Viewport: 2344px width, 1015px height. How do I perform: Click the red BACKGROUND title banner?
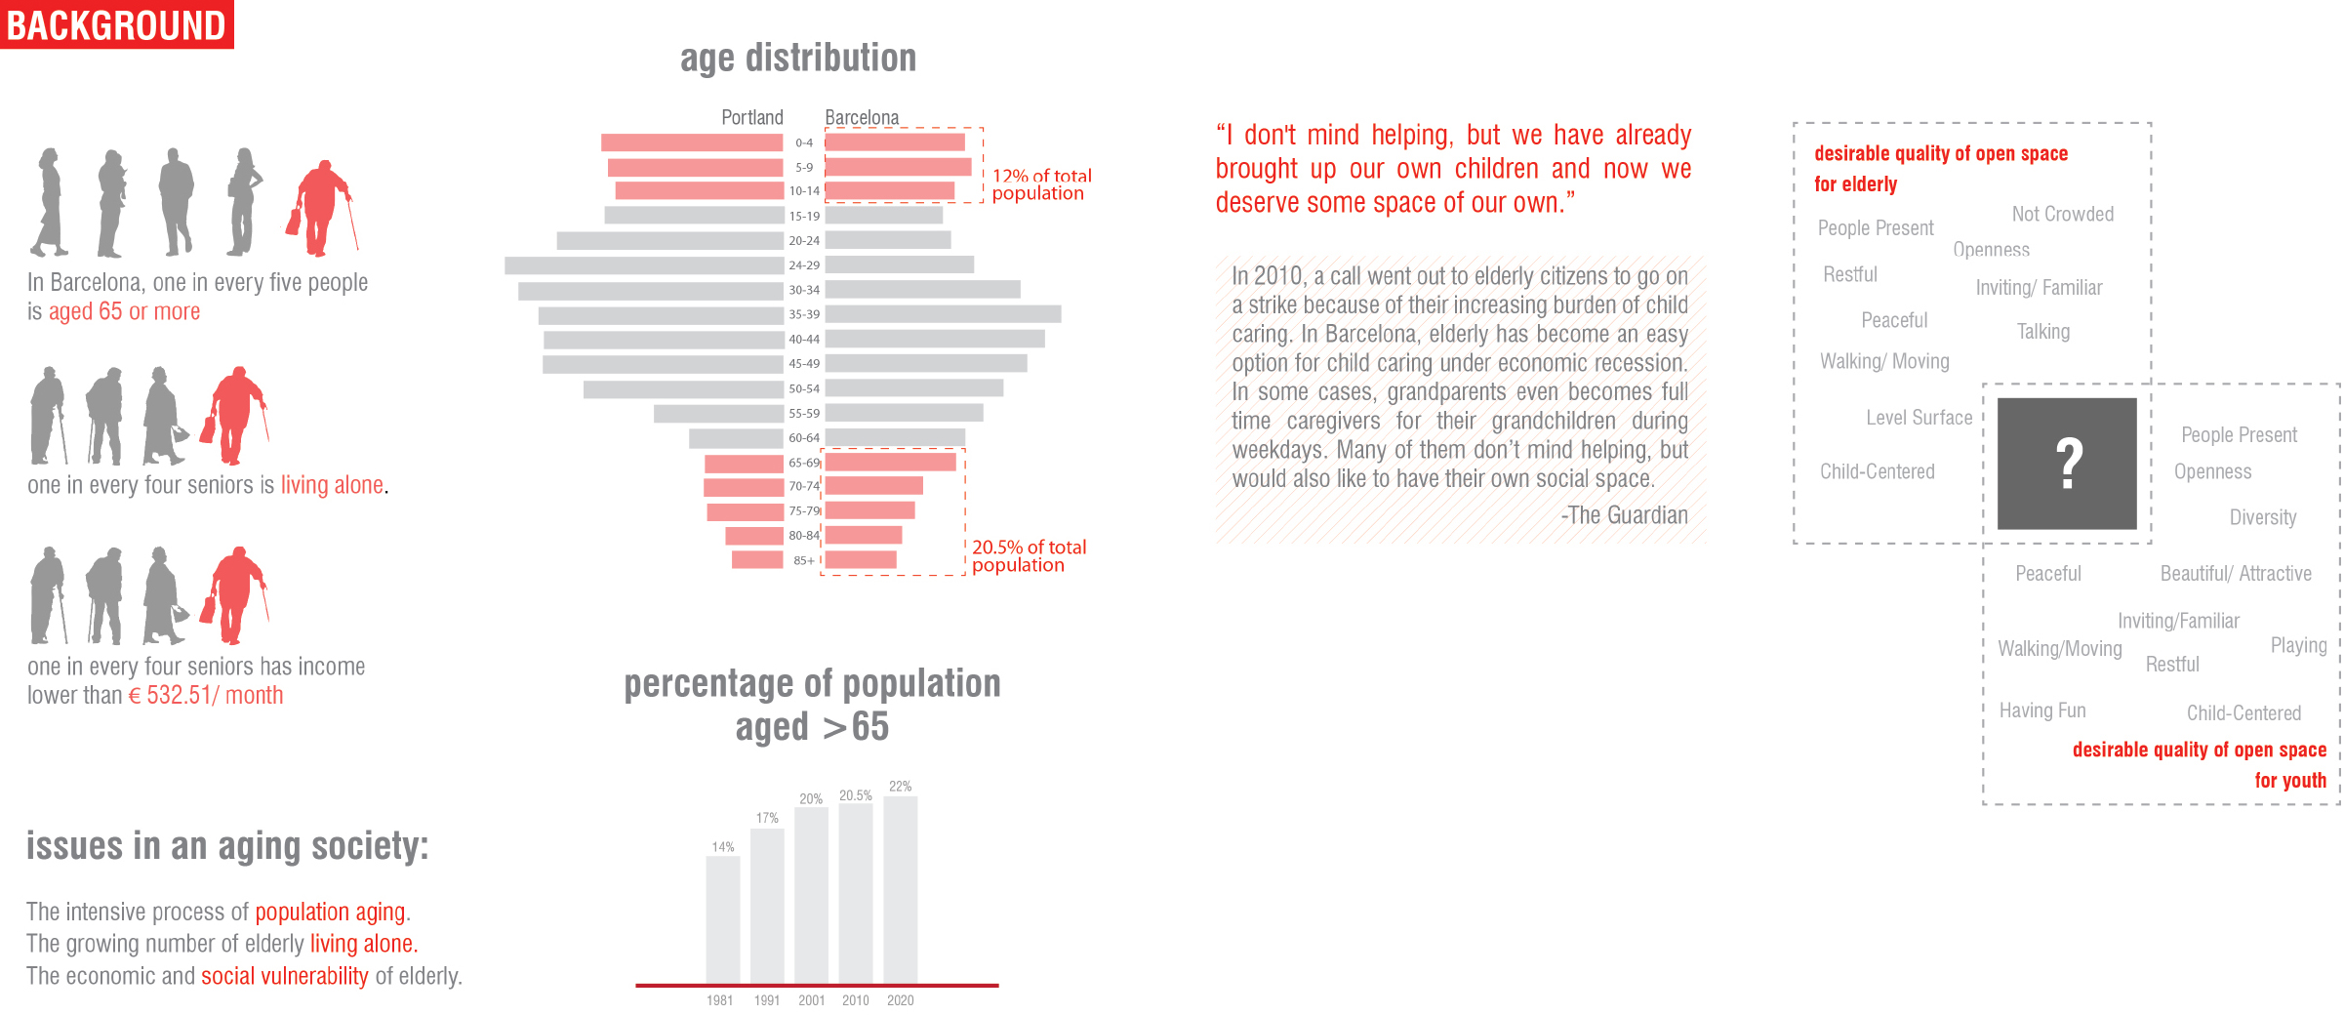click(x=116, y=24)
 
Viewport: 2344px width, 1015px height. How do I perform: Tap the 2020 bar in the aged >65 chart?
click(x=900, y=888)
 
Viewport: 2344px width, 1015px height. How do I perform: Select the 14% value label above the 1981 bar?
click(x=722, y=847)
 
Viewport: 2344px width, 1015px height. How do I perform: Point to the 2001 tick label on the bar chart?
click(x=811, y=1000)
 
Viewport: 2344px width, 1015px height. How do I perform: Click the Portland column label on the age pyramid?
click(x=751, y=118)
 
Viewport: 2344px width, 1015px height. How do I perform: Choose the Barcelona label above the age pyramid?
click(x=862, y=118)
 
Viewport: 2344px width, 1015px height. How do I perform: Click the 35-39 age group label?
click(x=804, y=314)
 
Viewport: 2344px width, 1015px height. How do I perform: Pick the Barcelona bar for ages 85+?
click(x=860, y=560)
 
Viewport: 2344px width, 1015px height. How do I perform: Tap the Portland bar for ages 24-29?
click(x=644, y=265)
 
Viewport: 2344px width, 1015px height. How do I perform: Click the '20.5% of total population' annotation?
click(x=1028, y=555)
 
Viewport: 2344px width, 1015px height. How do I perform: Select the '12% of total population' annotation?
click(x=1040, y=184)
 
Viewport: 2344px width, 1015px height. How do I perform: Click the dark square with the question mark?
click(x=2067, y=464)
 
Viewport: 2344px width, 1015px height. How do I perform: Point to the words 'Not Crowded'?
click(x=2062, y=215)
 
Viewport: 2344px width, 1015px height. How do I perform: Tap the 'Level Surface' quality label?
click(x=1919, y=418)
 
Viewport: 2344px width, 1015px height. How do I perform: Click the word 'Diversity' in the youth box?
click(x=2262, y=517)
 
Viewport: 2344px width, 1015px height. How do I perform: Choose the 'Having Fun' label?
click(x=2041, y=710)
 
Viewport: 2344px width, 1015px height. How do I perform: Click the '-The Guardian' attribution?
click(x=1624, y=515)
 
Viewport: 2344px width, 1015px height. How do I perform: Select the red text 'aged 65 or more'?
click(x=124, y=312)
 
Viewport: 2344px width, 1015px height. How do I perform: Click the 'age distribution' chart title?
click(x=797, y=59)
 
